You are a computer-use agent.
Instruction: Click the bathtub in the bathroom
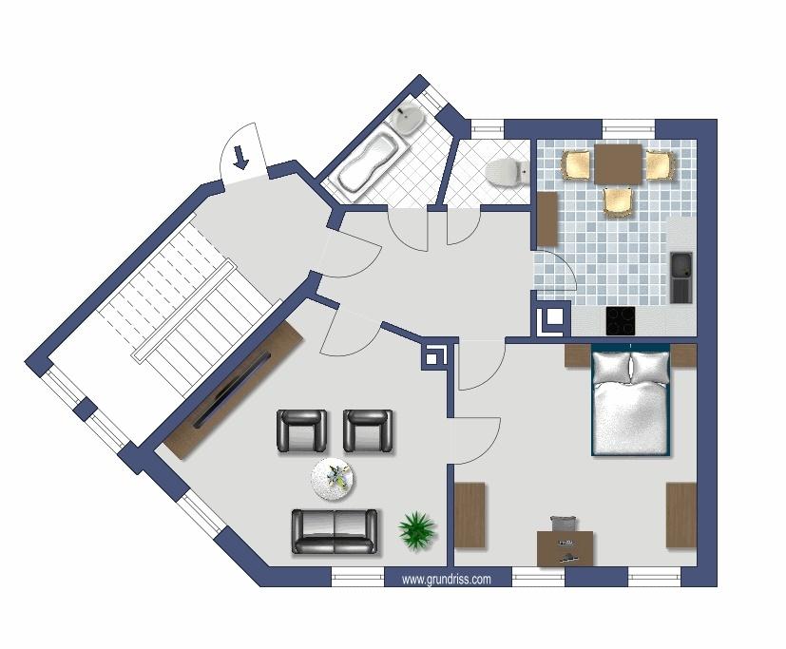[x=368, y=159]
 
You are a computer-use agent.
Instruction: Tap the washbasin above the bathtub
[x=409, y=120]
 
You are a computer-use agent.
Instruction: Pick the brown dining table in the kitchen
[x=618, y=164]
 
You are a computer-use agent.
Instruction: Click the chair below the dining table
[x=618, y=201]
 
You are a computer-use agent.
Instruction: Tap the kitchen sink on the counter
[x=681, y=277]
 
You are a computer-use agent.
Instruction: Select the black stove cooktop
[x=621, y=320]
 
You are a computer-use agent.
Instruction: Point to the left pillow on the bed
[x=611, y=367]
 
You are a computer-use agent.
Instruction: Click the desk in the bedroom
[x=565, y=548]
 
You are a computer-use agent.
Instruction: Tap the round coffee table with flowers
[x=334, y=479]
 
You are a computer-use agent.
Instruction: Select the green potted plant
[x=416, y=531]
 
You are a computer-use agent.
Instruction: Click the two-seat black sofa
[x=335, y=531]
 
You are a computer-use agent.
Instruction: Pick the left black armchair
[x=302, y=431]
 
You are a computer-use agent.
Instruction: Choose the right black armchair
[x=368, y=431]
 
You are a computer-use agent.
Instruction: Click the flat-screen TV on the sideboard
[x=232, y=390]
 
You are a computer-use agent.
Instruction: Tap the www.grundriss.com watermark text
[x=446, y=580]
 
